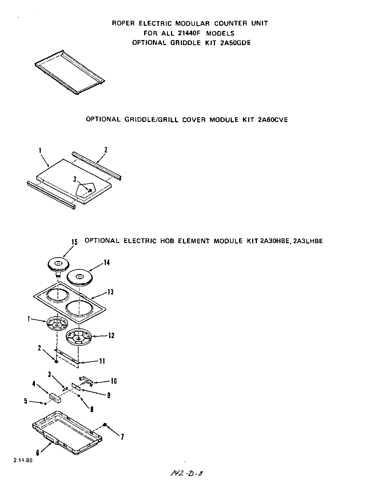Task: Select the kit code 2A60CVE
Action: click(x=272, y=119)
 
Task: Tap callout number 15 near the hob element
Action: click(x=75, y=242)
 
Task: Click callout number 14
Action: click(x=107, y=262)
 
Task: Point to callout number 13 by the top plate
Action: click(x=110, y=292)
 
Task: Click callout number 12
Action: click(x=111, y=336)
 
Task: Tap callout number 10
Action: click(x=114, y=381)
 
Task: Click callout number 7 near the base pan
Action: click(x=122, y=437)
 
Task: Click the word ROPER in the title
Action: click(x=123, y=23)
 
